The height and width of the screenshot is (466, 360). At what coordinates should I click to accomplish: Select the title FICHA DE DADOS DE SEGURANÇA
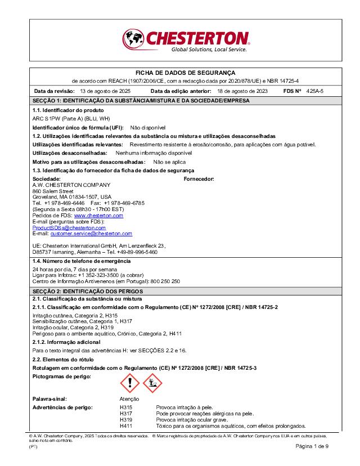click(186, 73)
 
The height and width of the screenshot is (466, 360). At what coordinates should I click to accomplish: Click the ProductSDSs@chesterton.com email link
click(69, 227)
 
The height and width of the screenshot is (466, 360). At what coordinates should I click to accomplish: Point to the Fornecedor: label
click(199, 179)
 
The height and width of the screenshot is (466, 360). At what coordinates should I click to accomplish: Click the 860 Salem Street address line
click(53, 191)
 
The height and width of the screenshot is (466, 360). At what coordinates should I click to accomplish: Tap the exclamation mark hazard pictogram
click(130, 384)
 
